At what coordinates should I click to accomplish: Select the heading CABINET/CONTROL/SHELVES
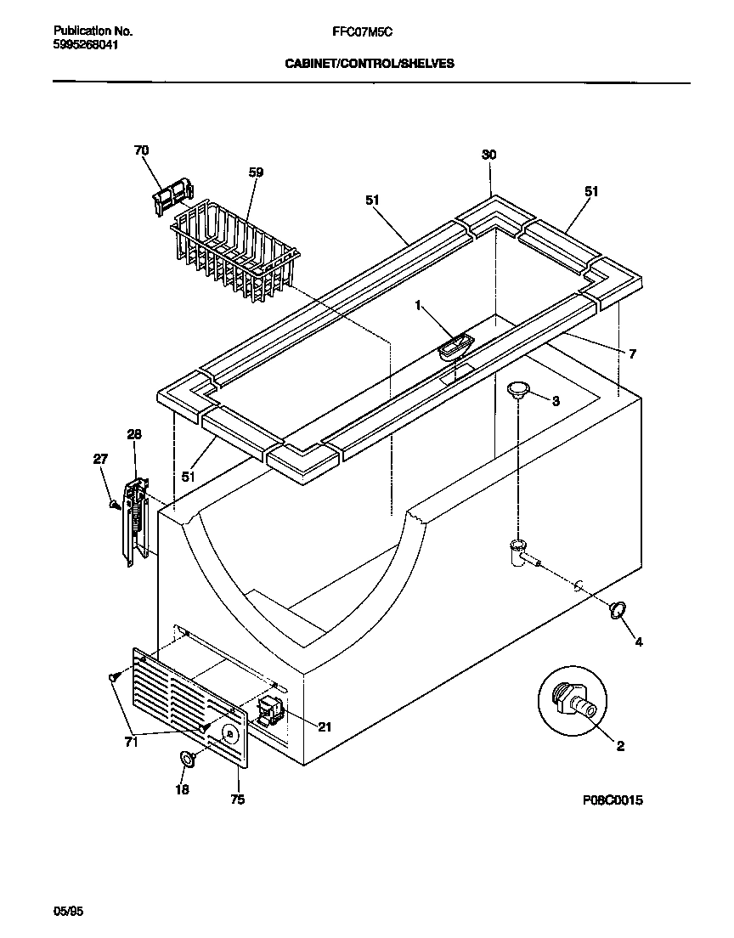368,63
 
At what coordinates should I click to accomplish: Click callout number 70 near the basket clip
141,150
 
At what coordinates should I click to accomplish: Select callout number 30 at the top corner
488,155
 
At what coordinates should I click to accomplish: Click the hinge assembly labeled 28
137,521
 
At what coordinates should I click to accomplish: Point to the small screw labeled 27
114,505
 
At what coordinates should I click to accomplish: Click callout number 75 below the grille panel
238,800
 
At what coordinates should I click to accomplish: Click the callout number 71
130,742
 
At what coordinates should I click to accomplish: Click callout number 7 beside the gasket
632,353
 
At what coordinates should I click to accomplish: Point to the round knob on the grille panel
228,733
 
